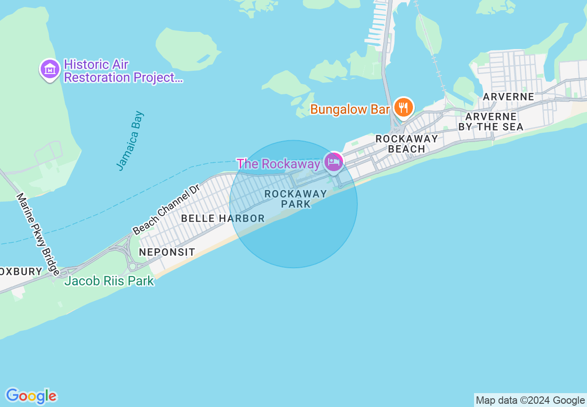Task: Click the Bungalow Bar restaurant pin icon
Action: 404,108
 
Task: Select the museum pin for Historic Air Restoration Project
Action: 50,69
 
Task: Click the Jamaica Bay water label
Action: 131,141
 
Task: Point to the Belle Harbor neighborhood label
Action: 223,218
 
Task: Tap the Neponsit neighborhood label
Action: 167,252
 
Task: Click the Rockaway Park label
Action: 296,199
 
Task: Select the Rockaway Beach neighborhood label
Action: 406,144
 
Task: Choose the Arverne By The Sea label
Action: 491,122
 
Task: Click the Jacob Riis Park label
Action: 109,281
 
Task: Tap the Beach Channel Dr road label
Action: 166,209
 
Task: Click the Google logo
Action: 31,396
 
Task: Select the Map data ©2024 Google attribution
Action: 530,401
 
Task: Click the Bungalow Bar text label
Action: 350,110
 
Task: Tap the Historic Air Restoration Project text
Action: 123,71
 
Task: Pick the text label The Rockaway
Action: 278,164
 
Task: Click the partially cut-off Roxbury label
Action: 21,271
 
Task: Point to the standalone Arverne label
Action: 508,97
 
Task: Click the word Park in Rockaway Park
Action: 296,204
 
